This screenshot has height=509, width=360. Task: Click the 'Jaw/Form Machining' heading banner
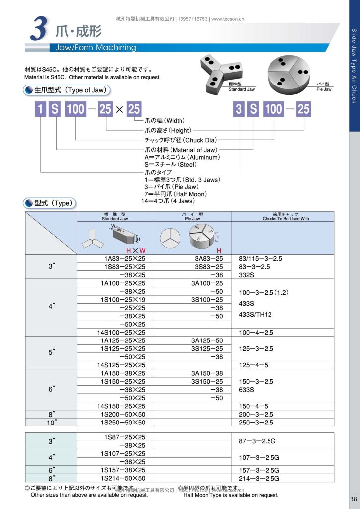tap(93, 48)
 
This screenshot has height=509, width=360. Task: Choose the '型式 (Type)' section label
tap(50, 203)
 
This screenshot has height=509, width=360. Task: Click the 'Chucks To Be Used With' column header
tap(285, 218)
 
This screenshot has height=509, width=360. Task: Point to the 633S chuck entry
tap(247, 390)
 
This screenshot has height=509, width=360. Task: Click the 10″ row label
tap(51, 422)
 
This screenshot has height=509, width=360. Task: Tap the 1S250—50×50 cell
tap(123, 422)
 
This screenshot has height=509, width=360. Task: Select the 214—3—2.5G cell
tap(259, 478)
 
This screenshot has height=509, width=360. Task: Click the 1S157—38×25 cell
tap(123, 470)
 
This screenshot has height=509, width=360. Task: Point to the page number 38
tap(354, 499)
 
